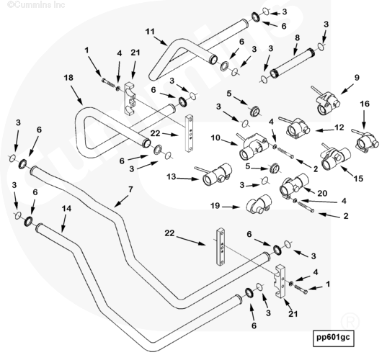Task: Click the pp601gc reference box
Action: [333, 338]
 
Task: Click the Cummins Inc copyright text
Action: [36, 4]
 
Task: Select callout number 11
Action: [150, 32]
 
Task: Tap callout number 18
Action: [68, 78]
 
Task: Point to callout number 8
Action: [298, 37]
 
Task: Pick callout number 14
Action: [66, 209]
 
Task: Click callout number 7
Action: [130, 189]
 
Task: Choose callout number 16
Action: [365, 104]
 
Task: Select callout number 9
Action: [357, 78]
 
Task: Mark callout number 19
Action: [215, 206]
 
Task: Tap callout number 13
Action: [172, 177]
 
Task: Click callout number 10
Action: [215, 138]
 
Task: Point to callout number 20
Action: [322, 193]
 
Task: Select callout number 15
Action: [358, 179]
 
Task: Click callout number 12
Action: [339, 127]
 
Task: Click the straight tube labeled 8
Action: [294, 63]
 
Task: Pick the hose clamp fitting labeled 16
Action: [366, 140]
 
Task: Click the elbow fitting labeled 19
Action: [259, 204]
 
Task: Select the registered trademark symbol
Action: [350, 322]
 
